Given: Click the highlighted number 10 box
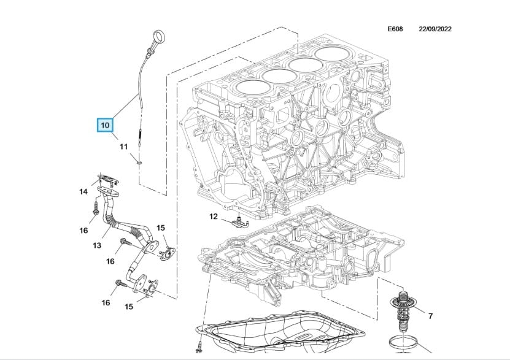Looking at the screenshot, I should [x=104, y=125].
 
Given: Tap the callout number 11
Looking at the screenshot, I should [x=123, y=147].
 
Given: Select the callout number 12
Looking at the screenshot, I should [x=214, y=216].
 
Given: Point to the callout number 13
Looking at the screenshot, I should [x=97, y=246].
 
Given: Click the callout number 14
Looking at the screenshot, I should [x=83, y=192].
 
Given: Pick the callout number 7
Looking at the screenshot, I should [x=430, y=316].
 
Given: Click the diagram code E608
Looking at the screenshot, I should [x=395, y=29].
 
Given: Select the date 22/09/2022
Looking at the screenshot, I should [x=435, y=29].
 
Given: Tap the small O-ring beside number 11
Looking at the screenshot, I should [x=139, y=162].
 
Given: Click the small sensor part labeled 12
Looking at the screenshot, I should [x=238, y=221].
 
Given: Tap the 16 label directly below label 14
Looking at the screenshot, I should [x=83, y=230].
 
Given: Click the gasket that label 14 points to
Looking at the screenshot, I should [x=107, y=180].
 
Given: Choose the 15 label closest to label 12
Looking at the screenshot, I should [x=161, y=228].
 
